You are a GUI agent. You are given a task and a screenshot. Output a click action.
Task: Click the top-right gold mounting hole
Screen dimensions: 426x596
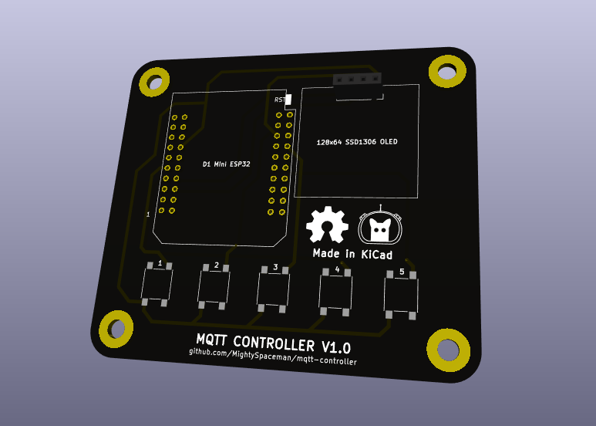[x=447, y=72]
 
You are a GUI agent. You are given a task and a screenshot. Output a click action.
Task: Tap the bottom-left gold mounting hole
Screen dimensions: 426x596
[x=116, y=329]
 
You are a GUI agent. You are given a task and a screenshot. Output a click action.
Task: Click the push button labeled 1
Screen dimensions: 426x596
[x=157, y=285]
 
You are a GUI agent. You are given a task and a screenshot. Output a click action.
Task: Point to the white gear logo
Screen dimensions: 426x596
[x=327, y=225]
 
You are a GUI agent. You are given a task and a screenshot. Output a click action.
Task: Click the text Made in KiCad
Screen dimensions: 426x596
[x=352, y=254]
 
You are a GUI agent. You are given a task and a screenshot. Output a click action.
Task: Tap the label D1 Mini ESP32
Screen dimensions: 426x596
[x=226, y=164]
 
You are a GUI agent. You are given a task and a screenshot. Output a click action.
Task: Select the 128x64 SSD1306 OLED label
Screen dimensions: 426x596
[x=357, y=142]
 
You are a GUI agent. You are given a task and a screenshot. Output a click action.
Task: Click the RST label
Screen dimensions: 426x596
[x=280, y=100]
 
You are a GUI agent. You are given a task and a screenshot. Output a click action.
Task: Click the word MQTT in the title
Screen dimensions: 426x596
[x=212, y=339]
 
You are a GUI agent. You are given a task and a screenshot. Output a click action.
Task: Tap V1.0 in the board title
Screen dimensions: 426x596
[x=335, y=346]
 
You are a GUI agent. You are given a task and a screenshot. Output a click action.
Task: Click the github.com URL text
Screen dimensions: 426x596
[x=273, y=357]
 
